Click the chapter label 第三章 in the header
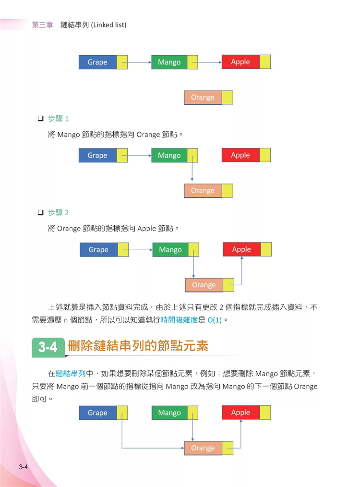click(x=42, y=25)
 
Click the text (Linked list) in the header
click(x=108, y=25)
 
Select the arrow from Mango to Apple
click(x=207, y=62)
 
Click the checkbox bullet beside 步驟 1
click(x=41, y=118)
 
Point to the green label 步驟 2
click(x=59, y=212)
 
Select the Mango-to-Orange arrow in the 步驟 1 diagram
click(x=192, y=168)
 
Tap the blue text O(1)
click(x=215, y=320)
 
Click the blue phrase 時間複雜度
click(x=179, y=320)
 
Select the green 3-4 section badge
click(x=48, y=347)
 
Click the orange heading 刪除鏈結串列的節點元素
click(x=138, y=346)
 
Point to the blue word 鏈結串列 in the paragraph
click(x=71, y=373)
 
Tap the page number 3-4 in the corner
click(x=23, y=466)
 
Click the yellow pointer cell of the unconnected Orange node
click(x=228, y=97)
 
